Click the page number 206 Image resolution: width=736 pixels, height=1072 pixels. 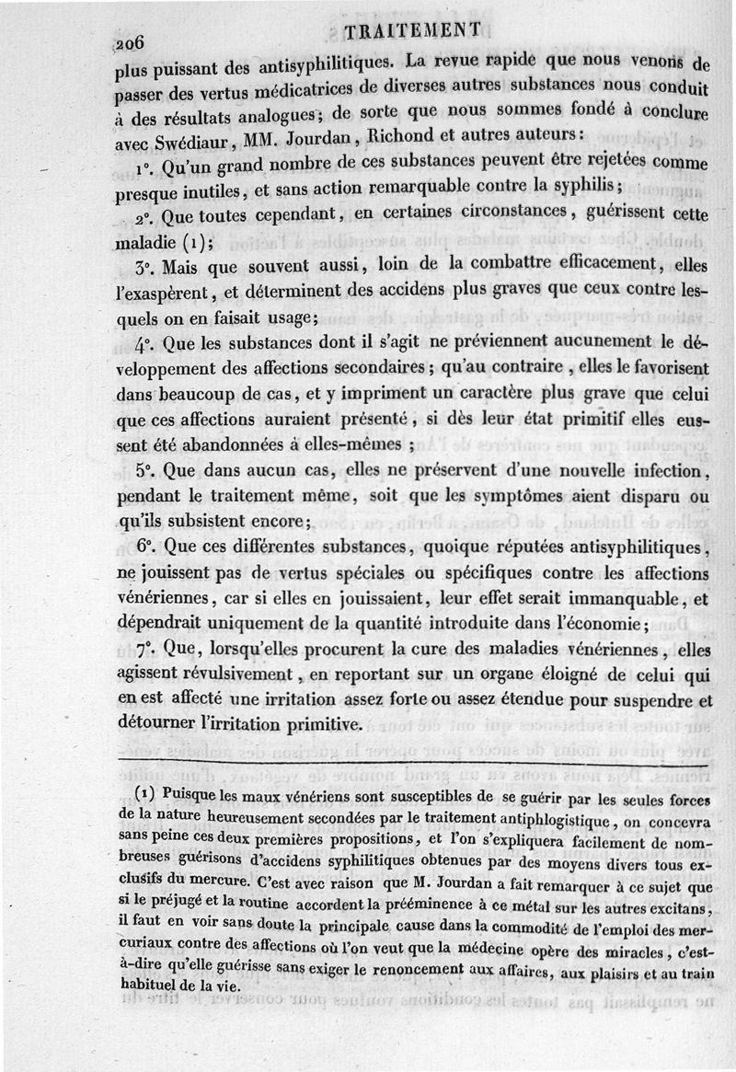pyautogui.click(x=132, y=42)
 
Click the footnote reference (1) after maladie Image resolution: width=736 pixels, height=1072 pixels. pyautogui.click(x=193, y=245)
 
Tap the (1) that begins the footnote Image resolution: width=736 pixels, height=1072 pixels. pyautogui.click(x=146, y=793)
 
